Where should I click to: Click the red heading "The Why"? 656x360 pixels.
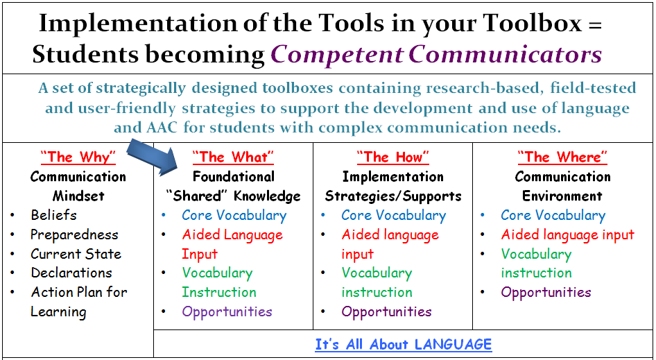pos(78,157)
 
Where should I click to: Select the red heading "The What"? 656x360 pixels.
pos(233,157)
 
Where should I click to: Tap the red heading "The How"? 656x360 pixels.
pos(392,157)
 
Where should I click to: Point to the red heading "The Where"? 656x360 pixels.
pos(562,157)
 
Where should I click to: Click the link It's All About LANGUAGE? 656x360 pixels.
pos(403,345)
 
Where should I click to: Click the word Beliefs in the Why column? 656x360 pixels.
pos(53,215)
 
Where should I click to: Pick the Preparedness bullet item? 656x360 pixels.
pos(74,234)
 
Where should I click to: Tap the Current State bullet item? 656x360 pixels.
pos(76,254)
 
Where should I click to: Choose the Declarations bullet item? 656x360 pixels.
pos(71,273)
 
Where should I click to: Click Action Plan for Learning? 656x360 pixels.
pos(78,302)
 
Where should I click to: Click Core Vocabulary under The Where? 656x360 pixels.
pos(553,215)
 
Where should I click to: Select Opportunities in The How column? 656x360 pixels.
pos(386,311)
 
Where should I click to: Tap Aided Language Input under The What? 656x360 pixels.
pos(232,244)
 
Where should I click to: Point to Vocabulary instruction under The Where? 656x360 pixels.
pos(536,264)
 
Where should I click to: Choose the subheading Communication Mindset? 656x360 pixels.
pos(78,186)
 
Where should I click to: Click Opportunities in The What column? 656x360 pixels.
pos(227,311)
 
